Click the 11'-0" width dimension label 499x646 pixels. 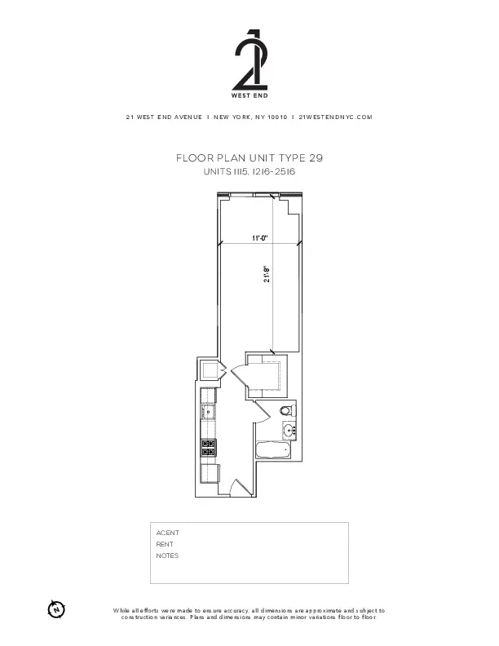click(259, 237)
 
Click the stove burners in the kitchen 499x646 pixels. click(209, 447)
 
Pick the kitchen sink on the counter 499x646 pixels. click(209, 412)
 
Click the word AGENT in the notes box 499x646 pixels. click(167, 533)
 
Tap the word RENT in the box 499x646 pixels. click(165, 544)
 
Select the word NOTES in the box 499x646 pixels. click(167, 555)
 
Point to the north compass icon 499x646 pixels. click(55, 608)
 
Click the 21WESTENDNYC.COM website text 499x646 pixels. click(336, 117)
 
